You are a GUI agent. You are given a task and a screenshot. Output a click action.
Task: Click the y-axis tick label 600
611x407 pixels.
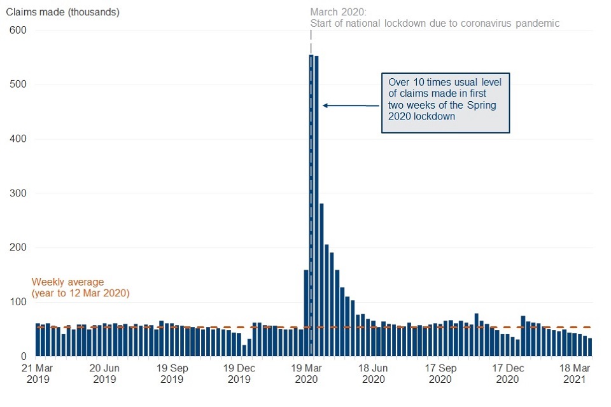point(17,31)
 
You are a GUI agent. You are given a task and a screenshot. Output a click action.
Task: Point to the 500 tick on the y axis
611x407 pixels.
point(17,85)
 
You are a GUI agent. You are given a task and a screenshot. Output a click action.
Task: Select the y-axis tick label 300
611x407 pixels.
point(17,193)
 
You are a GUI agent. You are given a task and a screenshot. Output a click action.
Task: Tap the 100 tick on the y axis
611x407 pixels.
point(17,302)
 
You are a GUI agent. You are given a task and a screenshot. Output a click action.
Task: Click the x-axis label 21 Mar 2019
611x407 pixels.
point(37,373)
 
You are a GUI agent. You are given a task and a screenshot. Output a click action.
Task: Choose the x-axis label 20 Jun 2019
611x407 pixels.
point(104,373)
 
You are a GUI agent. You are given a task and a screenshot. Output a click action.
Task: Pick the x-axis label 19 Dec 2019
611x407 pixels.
point(239,373)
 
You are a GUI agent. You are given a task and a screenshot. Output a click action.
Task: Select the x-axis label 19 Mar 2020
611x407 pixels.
point(306,373)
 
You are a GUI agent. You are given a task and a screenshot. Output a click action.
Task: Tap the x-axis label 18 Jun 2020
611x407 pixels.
point(373,373)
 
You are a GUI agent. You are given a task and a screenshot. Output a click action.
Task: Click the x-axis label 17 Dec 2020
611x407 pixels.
point(507,373)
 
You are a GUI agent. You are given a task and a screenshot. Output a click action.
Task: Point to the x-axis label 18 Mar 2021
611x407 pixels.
point(574,373)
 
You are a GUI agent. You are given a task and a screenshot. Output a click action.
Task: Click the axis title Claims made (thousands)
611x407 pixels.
point(62,12)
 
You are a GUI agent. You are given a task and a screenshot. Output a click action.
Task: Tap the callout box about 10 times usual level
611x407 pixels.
point(446,102)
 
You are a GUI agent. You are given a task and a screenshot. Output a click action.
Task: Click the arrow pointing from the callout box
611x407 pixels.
point(350,106)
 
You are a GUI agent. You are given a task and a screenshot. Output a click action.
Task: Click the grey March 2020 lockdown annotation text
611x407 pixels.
point(435,18)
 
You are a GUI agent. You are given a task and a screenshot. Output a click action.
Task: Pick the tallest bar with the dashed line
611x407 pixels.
point(311,203)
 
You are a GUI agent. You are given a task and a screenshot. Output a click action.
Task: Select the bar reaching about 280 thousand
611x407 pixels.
point(321,280)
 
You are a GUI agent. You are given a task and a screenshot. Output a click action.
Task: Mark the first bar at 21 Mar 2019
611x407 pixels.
point(38,340)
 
